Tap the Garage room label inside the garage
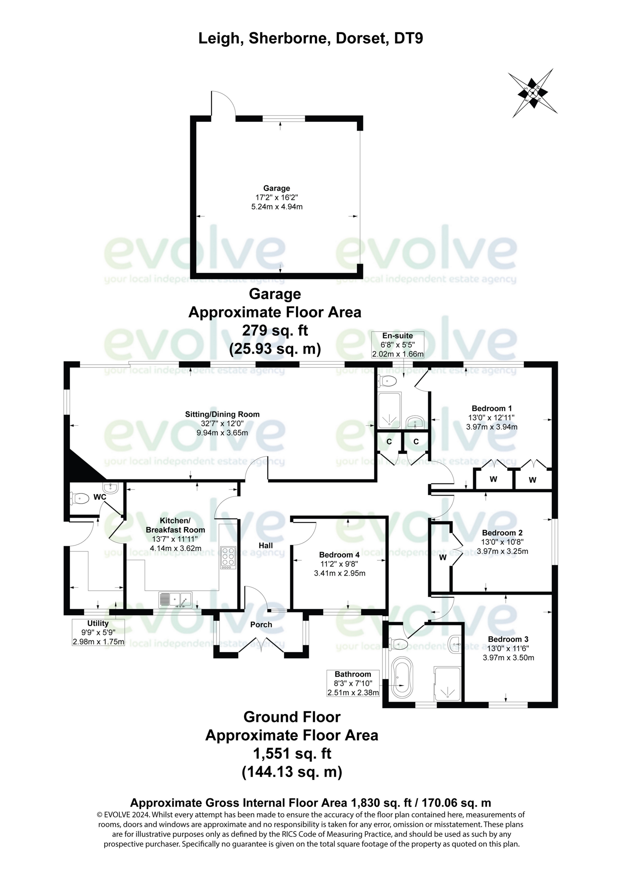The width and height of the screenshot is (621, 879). pyautogui.click(x=276, y=188)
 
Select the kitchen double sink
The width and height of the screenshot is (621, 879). pyautogui.click(x=175, y=599)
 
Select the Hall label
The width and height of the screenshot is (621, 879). pyautogui.click(x=266, y=546)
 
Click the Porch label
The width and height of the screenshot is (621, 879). pyautogui.click(x=261, y=624)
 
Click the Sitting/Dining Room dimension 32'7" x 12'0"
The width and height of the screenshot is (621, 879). pyautogui.click(x=222, y=424)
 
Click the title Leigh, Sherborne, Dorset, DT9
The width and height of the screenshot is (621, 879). pyautogui.click(x=310, y=38)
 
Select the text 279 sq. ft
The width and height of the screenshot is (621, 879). pyautogui.click(x=275, y=330)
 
